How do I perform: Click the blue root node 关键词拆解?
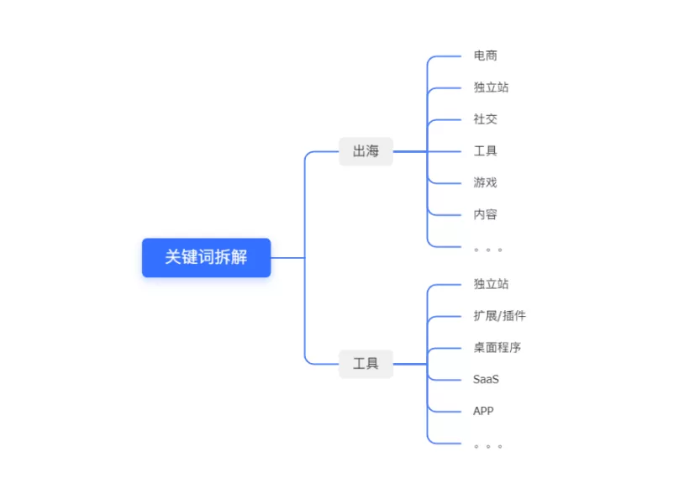[206, 257]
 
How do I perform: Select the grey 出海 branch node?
[366, 151]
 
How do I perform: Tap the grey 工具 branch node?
[366, 364]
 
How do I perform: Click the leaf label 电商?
[485, 55]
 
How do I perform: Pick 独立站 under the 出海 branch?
[491, 87]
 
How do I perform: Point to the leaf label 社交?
[485, 119]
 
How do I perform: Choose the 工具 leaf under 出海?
[485, 151]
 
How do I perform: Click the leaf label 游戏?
[485, 182]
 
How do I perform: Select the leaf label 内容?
[485, 214]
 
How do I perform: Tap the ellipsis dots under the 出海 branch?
[487, 249]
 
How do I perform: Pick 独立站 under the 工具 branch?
[491, 284]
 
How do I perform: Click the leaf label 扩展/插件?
[499, 316]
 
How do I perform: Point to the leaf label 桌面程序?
[497, 347]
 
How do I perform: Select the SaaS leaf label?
[486, 379]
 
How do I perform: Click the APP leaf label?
[483, 411]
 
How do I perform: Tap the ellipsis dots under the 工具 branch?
[487, 445]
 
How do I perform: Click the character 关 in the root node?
[173, 257]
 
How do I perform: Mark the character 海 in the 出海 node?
[372, 151]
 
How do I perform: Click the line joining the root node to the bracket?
[287, 257]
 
